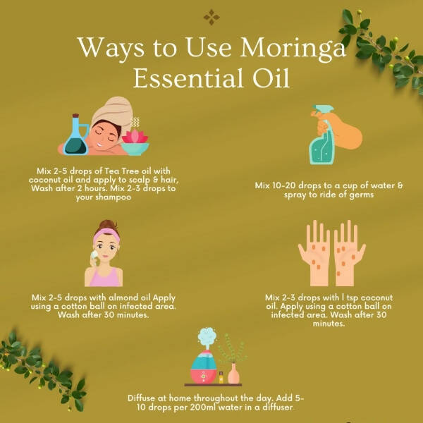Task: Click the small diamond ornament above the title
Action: [211, 17]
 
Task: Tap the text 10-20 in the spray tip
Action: [288, 185]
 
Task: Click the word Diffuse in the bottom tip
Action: [144, 398]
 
